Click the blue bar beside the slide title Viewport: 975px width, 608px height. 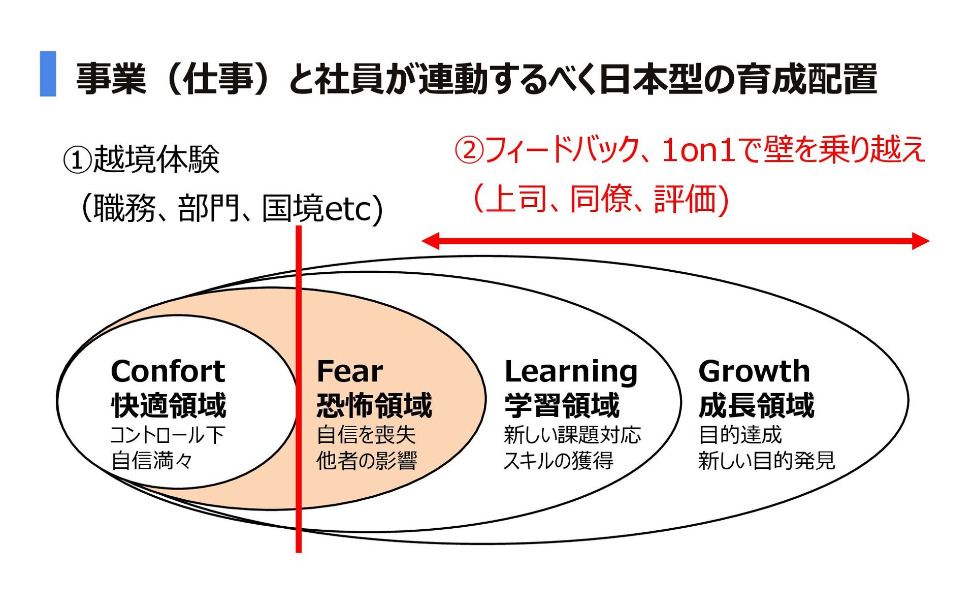[48, 74]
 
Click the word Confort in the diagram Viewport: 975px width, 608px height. [168, 371]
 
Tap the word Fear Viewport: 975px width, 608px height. [349, 371]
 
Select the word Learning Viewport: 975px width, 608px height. [571, 372]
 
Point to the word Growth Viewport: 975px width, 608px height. [754, 371]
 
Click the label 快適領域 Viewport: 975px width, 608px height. [169, 405]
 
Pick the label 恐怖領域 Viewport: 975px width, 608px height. [374, 405]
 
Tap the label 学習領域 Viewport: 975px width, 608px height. [562, 405]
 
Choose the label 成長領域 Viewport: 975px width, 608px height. [756, 405]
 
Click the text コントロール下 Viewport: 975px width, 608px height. [168, 435]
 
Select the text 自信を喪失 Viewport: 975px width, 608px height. [366, 435]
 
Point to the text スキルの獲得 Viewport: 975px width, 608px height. [559, 461]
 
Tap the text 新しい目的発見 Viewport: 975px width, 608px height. [766, 461]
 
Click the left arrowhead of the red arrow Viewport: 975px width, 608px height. [430, 241]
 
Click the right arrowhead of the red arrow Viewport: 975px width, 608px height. [921, 241]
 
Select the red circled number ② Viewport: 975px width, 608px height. [469, 150]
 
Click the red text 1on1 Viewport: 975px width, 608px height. [699, 150]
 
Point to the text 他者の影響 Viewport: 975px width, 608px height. [367, 461]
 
